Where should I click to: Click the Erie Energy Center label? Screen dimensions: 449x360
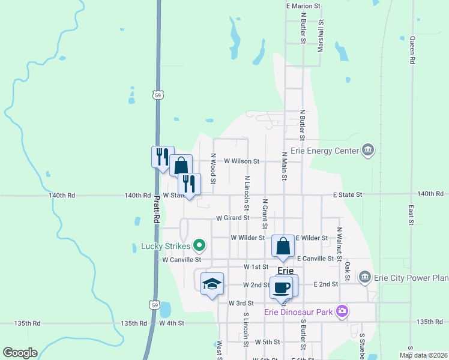(x=324, y=151)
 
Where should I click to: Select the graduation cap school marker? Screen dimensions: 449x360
(x=212, y=284)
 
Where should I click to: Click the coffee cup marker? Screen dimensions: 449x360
(x=282, y=287)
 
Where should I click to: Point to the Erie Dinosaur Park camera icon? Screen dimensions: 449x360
(x=342, y=311)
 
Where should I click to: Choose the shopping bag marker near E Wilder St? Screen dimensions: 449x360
(x=283, y=246)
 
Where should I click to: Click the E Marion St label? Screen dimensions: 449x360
(x=304, y=5)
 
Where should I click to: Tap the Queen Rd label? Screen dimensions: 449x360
(x=412, y=50)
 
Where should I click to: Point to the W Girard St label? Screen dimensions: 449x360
(x=232, y=218)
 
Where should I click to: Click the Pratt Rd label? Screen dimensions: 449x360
(x=155, y=209)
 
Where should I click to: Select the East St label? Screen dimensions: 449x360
(x=411, y=215)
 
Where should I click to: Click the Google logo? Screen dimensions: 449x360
(x=20, y=353)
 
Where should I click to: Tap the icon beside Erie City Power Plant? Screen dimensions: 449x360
(x=364, y=277)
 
